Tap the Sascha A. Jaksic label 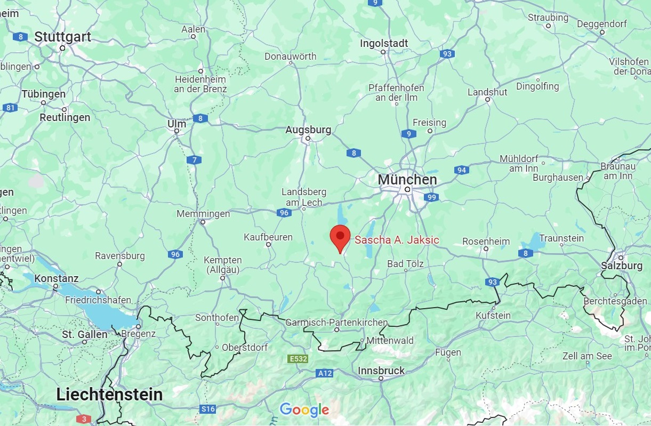click(x=397, y=240)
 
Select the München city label click(x=407, y=180)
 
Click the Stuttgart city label click(x=63, y=37)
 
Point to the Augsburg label click(x=308, y=130)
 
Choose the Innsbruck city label click(x=381, y=371)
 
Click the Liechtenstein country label click(x=109, y=395)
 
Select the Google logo click(x=304, y=409)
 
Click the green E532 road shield click(x=298, y=359)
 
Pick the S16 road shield click(x=208, y=409)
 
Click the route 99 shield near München click(x=432, y=198)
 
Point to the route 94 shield click(x=462, y=170)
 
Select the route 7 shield click(x=194, y=159)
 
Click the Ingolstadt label click(x=384, y=43)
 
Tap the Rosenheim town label click(x=486, y=241)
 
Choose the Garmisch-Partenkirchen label click(x=336, y=323)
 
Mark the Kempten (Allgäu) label click(x=223, y=264)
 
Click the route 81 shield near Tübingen click(x=10, y=108)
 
